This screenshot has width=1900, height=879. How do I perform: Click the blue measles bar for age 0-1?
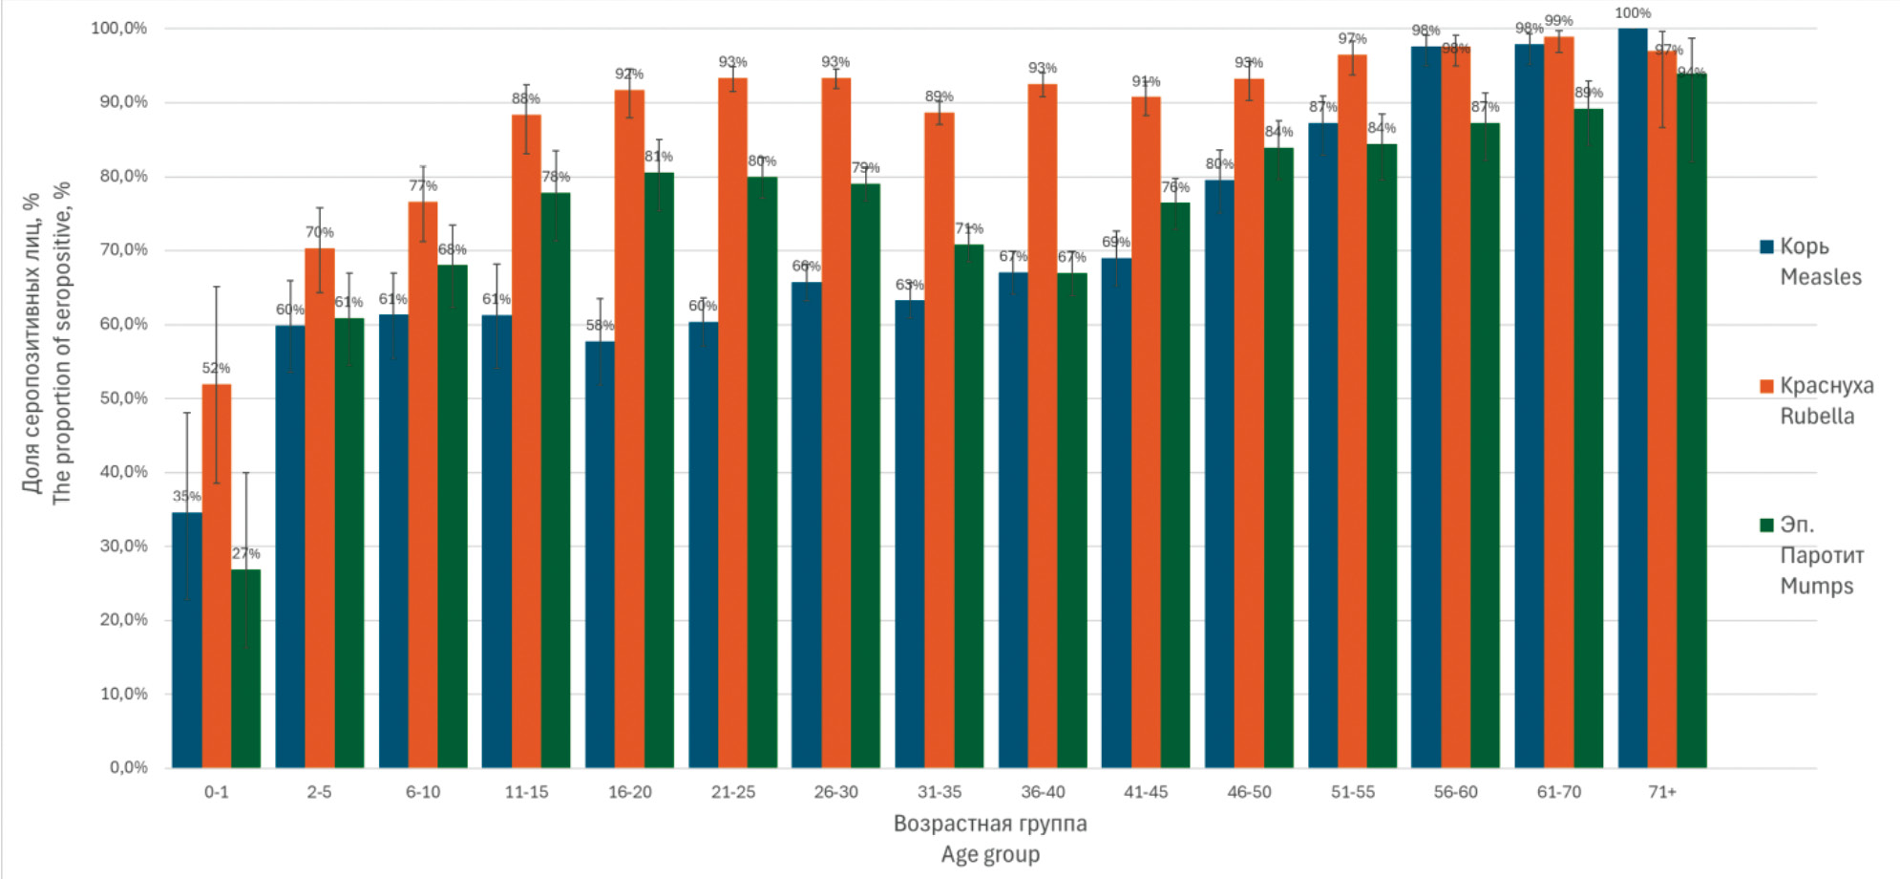pyautogui.click(x=186, y=640)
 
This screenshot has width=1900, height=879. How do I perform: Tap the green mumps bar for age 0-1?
pyautogui.click(x=245, y=669)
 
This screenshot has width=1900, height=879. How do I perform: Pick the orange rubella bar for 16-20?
pyautogui.click(x=629, y=430)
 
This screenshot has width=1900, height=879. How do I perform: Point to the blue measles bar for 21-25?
pyautogui.click(x=703, y=545)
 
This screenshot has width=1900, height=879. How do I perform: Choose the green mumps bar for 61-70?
pyautogui.click(x=1589, y=439)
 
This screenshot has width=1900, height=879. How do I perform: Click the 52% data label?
pyautogui.click(x=216, y=368)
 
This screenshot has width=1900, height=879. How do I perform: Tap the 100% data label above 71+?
pyautogui.click(x=1633, y=13)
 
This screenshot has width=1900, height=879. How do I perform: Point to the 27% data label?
pyautogui.click(x=245, y=553)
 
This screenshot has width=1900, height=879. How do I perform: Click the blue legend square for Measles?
pyautogui.click(x=1766, y=247)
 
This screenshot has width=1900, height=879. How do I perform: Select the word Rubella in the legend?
pyautogui.click(x=1817, y=417)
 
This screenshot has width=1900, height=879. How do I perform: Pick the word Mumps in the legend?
pyautogui.click(x=1816, y=586)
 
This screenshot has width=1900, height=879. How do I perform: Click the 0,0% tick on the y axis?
pyautogui.click(x=129, y=767)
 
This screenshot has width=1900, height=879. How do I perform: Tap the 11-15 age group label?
pyautogui.click(x=526, y=792)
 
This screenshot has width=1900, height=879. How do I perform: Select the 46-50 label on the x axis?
pyautogui.click(x=1249, y=792)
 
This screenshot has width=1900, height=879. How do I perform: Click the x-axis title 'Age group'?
pyautogui.click(x=990, y=854)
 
